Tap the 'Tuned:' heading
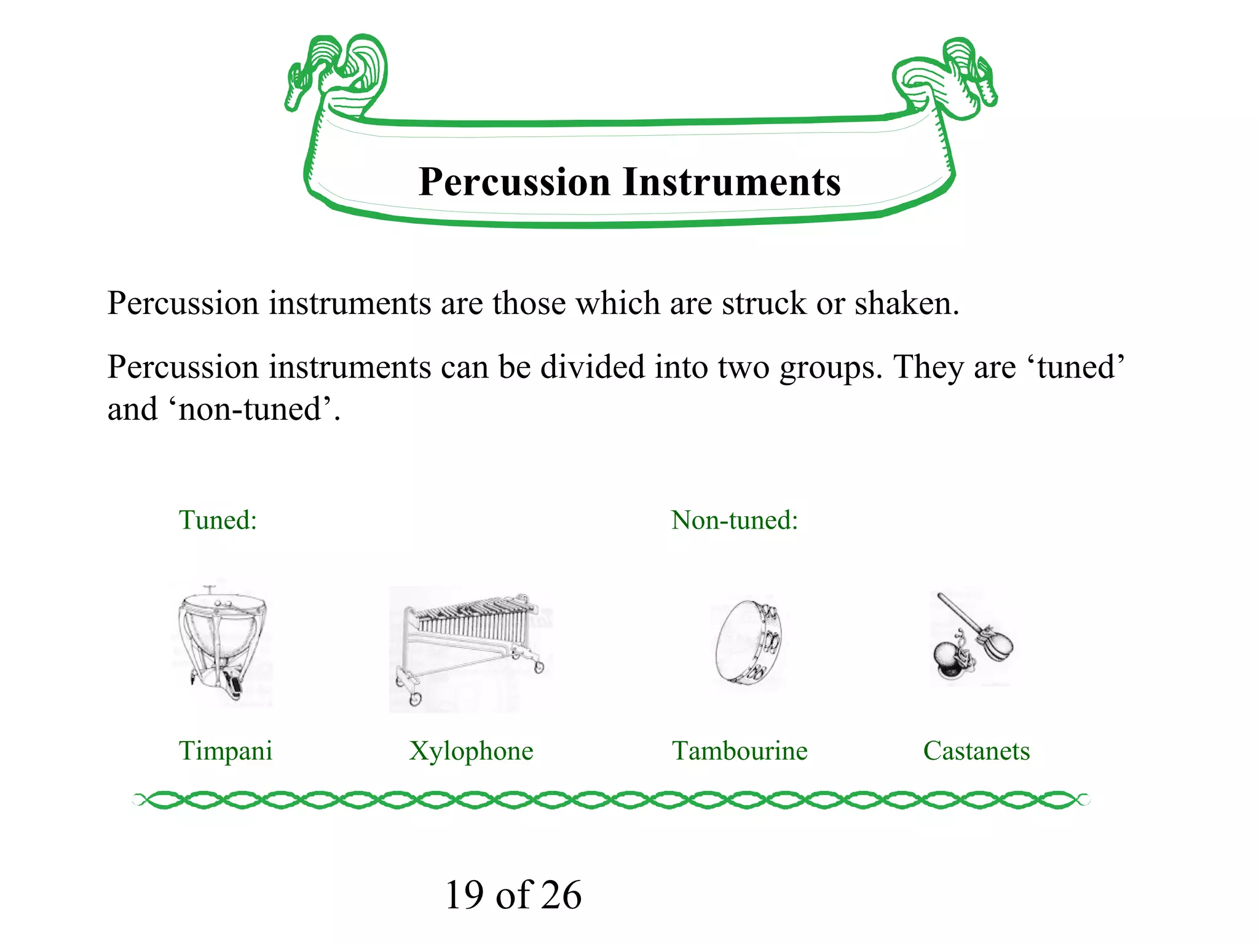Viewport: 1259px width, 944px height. [x=218, y=521]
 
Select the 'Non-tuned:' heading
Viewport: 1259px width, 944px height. [x=734, y=521]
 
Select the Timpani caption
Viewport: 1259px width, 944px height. [x=225, y=751]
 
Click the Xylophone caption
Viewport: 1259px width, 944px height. [x=471, y=751]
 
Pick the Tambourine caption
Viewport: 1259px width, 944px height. [x=740, y=751]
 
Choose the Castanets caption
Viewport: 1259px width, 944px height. [x=976, y=751]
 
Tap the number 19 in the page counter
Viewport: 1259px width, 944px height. [x=464, y=895]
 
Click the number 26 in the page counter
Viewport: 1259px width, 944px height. [x=561, y=895]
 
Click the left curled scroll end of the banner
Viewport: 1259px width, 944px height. [x=338, y=74]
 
